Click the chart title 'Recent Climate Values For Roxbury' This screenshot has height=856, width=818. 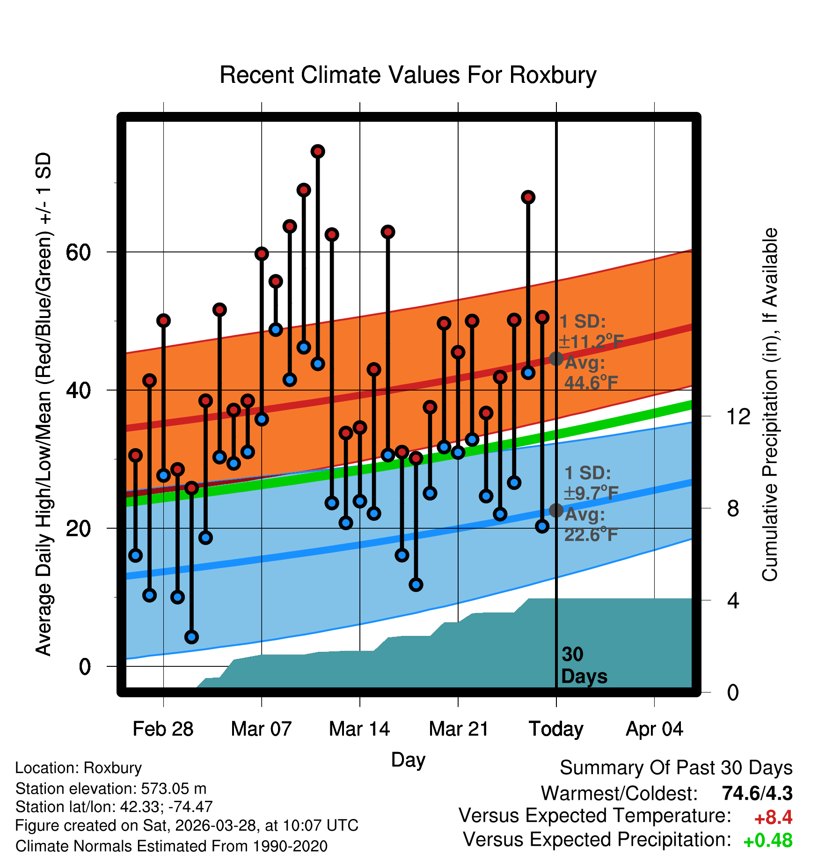click(x=408, y=75)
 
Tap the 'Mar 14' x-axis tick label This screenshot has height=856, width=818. click(x=359, y=729)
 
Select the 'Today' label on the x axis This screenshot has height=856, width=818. click(x=556, y=729)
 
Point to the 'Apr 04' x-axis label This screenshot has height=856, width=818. click(x=655, y=729)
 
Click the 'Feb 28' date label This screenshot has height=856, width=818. click(x=163, y=729)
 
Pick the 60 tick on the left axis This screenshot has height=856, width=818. click(x=78, y=252)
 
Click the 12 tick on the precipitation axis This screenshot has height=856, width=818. click(x=738, y=416)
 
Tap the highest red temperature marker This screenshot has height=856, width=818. click(x=318, y=151)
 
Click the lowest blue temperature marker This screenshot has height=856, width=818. click(x=191, y=637)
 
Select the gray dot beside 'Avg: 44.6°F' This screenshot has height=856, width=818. click(x=556, y=359)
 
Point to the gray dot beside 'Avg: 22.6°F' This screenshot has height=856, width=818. click(x=556, y=510)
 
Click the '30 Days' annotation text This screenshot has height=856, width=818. click(x=584, y=665)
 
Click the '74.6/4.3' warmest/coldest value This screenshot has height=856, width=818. click(x=757, y=793)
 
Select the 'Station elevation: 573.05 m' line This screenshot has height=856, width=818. click(x=111, y=789)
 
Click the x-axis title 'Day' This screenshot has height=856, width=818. click(x=408, y=760)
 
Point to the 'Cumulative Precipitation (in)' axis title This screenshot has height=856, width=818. click(x=770, y=405)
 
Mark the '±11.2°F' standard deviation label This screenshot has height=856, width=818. click(x=592, y=342)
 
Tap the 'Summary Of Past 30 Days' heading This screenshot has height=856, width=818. click(x=676, y=768)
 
